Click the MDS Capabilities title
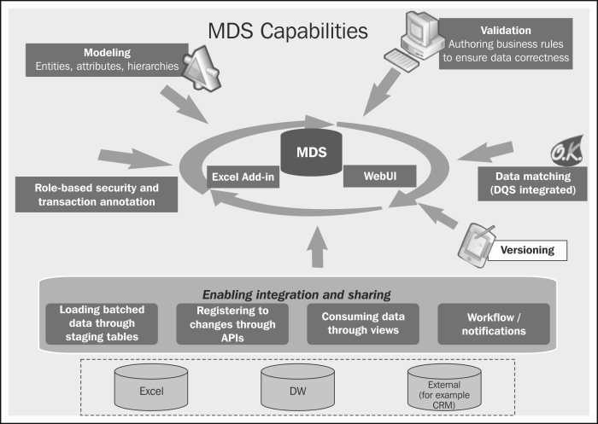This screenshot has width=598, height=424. (x=288, y=32)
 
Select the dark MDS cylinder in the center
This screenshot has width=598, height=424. (x=311, y=152)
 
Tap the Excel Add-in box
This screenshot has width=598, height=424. (x=243, y=177)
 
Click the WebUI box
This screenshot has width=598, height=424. (x=380, y=176)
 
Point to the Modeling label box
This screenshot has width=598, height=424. (x=107, y=60)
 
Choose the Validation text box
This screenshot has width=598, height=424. (x=506, y=44)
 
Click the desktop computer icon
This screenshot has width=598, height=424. (x=413, y=41)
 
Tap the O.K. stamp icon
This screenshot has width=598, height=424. (x=567, y=151)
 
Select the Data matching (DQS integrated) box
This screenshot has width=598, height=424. (x=532, y=183)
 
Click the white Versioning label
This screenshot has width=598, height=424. (x=527, y=250)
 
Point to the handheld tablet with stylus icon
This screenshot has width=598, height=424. (x=477, y=246)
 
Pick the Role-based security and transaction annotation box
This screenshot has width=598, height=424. (x=97, y=195)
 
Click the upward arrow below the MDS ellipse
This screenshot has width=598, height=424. (x=317, y=247)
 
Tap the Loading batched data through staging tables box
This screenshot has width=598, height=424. (x=102, y=324)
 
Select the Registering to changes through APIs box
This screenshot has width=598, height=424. (x=232, y=324)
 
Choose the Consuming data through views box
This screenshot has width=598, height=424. (x=363, y=324)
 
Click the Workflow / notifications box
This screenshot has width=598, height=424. (x=494, y=324)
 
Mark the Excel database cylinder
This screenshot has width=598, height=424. (x=151, y=386)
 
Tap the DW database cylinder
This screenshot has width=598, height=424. (x=298, y=386)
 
